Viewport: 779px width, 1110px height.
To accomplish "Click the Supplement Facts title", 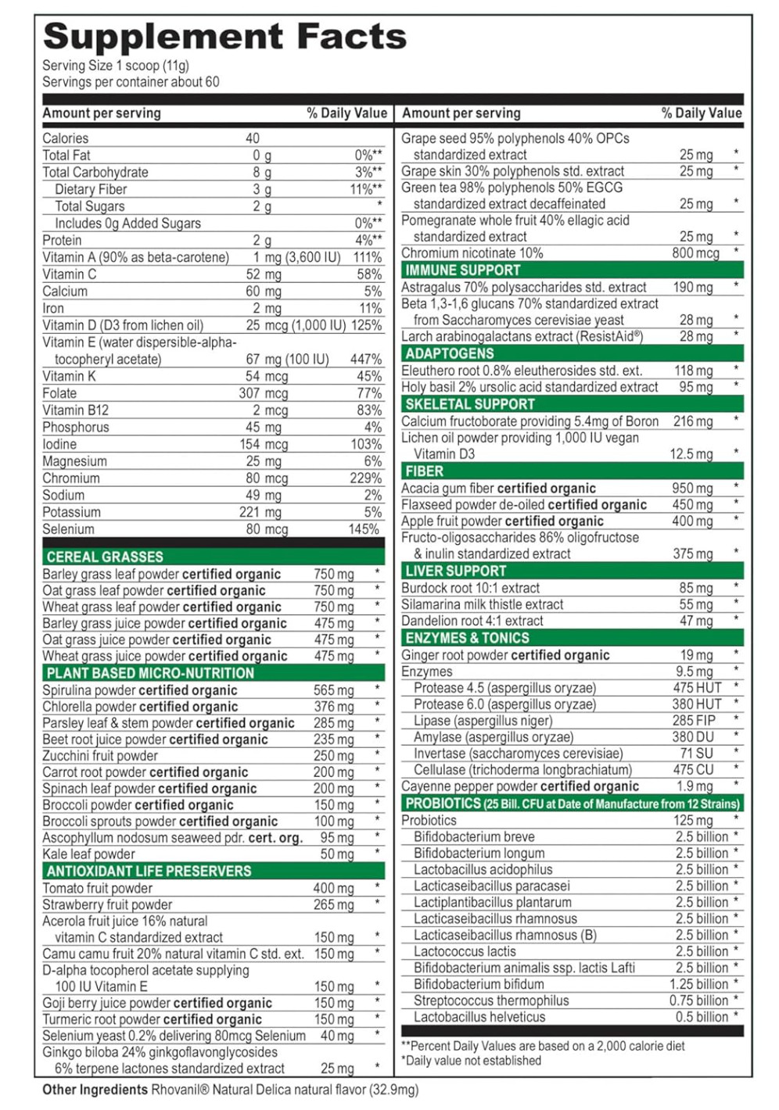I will [225, 37].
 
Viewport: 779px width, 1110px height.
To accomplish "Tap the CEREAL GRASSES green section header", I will [105, 557].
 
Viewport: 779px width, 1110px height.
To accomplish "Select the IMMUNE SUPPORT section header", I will [463, 270].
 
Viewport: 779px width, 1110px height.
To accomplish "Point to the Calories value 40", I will [253, 138].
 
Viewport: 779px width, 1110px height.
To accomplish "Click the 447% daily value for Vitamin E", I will [366, 359].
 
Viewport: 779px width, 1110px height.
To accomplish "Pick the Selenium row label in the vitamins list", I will [68, 529].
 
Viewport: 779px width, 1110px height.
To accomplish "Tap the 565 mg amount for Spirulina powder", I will [334, 690].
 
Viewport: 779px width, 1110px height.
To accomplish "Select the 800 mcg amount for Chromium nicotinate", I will [695, 253].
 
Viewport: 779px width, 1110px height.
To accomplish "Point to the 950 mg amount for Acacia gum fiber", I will [692, 488].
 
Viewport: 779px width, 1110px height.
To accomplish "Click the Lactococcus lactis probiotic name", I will [465, 951].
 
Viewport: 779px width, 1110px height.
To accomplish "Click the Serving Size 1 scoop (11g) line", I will [116, 66].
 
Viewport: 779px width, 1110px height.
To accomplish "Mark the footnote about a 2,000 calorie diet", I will [543, 1045].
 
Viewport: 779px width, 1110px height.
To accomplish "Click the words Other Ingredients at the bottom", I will [95, 1090].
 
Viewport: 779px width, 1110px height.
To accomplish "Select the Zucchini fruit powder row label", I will [100, 756].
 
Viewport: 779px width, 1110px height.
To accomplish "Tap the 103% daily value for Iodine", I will [366, 444].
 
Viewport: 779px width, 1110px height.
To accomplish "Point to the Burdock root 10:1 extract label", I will [470, 588].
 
